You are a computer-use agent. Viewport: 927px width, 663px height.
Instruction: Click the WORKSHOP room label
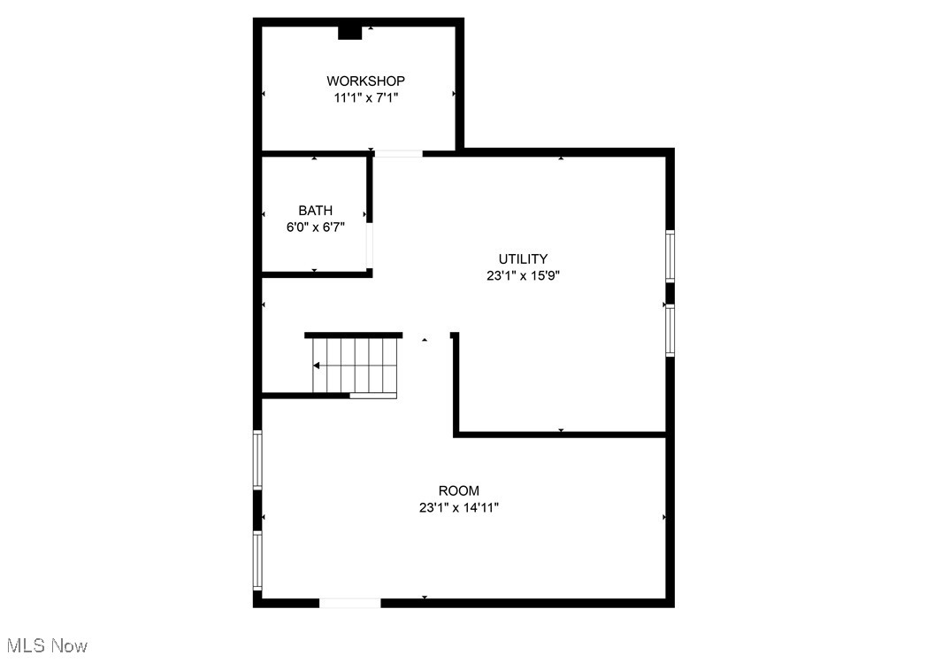(365, 81)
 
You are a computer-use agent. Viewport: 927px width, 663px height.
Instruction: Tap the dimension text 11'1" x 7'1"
(365, 98)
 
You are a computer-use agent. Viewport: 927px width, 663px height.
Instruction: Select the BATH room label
(316, 211)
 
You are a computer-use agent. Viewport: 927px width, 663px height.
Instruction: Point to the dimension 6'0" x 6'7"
(316, 227)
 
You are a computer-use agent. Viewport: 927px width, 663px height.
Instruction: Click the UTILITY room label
(523, 259)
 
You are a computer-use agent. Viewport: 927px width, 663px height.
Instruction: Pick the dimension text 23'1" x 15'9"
(523, 275)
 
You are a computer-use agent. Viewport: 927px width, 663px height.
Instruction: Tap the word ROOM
(459, 490)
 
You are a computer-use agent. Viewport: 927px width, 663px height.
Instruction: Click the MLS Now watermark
(44, 645)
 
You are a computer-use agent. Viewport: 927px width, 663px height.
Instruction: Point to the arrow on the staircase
(317, 365)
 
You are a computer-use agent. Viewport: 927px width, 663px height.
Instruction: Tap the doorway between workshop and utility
(398, 154)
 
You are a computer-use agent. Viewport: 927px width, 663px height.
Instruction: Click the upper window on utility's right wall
(670, 256)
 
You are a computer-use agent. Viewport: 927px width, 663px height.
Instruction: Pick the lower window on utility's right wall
(670, 330)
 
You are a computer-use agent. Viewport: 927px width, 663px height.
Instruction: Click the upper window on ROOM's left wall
(257, 459)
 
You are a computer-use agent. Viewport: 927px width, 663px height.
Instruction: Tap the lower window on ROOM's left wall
(257, 559)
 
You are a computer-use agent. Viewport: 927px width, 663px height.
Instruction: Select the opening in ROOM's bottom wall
(349, 603)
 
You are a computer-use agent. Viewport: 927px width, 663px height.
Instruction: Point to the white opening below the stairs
(372, 395)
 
